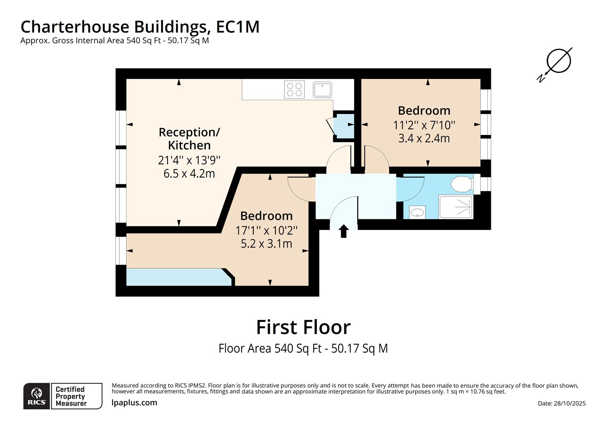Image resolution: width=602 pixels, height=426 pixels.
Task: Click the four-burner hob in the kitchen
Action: [x=294, y=90]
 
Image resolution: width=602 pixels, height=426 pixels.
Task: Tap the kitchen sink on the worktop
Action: [x=322, y=90]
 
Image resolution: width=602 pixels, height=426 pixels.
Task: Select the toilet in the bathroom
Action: [x=462, y=184]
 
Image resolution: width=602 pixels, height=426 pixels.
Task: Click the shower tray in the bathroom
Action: [x=456, y=207]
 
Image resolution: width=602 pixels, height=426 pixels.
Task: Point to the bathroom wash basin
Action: [x=417, y=213]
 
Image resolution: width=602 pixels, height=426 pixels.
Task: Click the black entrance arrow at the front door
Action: [x=344, y=231]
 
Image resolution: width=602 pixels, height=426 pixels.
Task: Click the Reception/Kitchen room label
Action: [x=189, y=138]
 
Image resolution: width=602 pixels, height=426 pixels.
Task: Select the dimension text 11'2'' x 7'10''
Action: [x=424, y=125]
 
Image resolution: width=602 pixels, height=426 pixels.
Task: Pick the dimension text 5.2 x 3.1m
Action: [x=266, y=243]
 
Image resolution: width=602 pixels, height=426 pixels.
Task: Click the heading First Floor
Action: [x=303, y=327]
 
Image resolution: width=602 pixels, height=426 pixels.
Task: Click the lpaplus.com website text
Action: [x=134, y=403]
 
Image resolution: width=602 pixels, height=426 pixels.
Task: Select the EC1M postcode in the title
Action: [x=238, y=27]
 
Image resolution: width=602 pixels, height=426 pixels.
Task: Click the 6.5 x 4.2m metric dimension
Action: [x=189, y=174]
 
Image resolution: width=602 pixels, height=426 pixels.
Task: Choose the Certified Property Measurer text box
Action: [x=76, y=396]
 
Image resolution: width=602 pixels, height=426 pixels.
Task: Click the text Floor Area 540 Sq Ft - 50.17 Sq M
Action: [x=303, y=348]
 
